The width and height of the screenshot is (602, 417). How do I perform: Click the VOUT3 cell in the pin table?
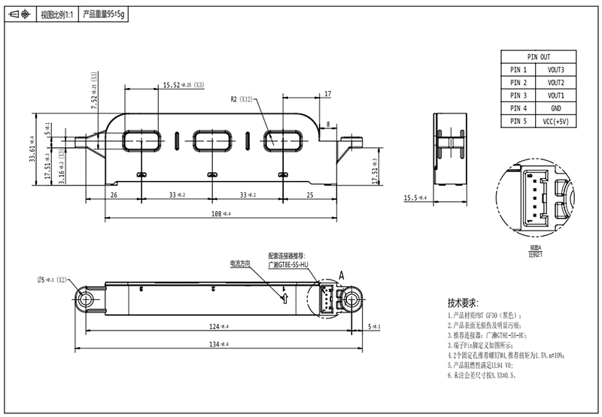point(556,70)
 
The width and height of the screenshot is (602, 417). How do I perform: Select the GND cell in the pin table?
point(556,108)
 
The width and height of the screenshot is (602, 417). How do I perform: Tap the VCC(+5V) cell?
point(556,121)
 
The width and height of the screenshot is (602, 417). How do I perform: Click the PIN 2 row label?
point(519,83)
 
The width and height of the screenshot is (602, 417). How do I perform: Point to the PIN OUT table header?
point(538,57)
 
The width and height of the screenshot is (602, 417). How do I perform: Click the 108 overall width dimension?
point(220,214)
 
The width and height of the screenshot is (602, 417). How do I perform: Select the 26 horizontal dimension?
point(114,195)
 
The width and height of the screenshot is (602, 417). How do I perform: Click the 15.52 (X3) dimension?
point(178,86)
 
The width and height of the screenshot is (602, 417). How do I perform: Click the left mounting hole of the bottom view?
point(84,300)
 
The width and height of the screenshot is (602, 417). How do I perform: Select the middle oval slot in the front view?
point(210,139)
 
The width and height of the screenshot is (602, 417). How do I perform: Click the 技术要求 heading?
point(464,304)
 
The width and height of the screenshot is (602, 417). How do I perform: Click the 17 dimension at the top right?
point(327,94)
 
